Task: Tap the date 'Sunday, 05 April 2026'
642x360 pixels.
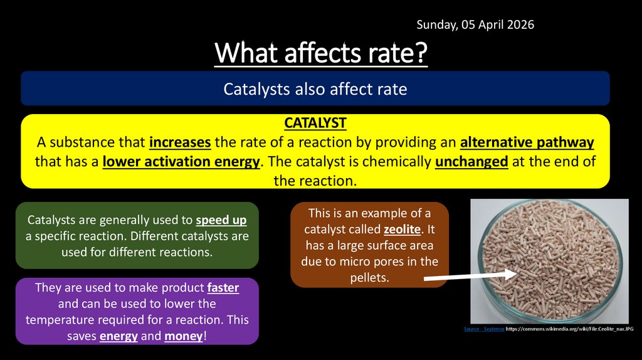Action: (x=475, y=24)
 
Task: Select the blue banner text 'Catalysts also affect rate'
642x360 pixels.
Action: (x=315, y=89)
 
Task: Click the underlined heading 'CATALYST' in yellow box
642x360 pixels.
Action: (x=315, y=122)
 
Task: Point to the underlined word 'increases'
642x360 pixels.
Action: (x=180, y=142)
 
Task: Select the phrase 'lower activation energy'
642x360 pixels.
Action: (x=181, y=162)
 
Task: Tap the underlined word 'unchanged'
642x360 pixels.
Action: (x=471, y=162)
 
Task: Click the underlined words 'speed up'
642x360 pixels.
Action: (x=221, y=221)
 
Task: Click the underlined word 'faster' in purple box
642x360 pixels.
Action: (x=223, y=288)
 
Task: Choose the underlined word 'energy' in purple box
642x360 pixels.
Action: (x=118, y=336)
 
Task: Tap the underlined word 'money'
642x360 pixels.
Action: (x=184, y=336)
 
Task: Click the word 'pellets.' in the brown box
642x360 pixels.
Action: (x=370, y=277)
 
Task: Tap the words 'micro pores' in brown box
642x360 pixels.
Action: (x=374, y=261)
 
